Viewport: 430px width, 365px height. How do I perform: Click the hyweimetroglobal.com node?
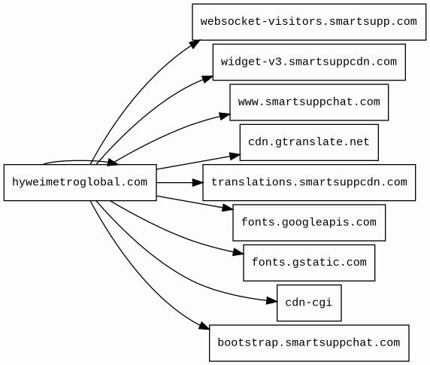tap(80, 182)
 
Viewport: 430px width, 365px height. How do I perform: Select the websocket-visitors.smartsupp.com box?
tap(309, 22)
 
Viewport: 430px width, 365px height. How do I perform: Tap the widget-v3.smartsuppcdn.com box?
tap(309, 62)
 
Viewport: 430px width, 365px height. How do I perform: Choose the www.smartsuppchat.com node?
tap(309, 102)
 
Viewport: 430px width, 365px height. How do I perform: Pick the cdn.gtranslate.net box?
tap(309, 142)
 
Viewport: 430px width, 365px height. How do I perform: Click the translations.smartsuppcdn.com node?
tap(309, 182)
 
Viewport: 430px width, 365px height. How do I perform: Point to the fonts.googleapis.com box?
tap(309, 223)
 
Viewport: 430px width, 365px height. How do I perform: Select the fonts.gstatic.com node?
tap(309, 263)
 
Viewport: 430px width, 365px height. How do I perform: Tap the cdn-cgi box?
tap(309, 303)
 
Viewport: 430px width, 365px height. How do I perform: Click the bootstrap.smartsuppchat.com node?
tap(309, 343)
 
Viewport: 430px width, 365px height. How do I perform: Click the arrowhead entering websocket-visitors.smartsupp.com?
tap(195, 44)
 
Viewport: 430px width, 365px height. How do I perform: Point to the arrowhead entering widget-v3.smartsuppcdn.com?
tap(207, 79)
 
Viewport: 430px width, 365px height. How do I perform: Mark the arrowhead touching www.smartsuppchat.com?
tap(225, 116)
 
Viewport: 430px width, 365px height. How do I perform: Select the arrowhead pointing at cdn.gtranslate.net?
tap(235, 157)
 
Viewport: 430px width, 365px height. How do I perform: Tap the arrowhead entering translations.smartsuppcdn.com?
tap(198, 182)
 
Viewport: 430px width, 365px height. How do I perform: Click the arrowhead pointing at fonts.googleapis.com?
tap(228, 208)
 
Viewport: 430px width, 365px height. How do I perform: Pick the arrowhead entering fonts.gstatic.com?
tap(238, 252)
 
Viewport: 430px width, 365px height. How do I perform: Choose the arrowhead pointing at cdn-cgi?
tap(272, 301)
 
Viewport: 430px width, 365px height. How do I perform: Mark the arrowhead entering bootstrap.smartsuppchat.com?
tap(204, 325)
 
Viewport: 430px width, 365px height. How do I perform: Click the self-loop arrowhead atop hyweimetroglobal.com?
tap(113, 163)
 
